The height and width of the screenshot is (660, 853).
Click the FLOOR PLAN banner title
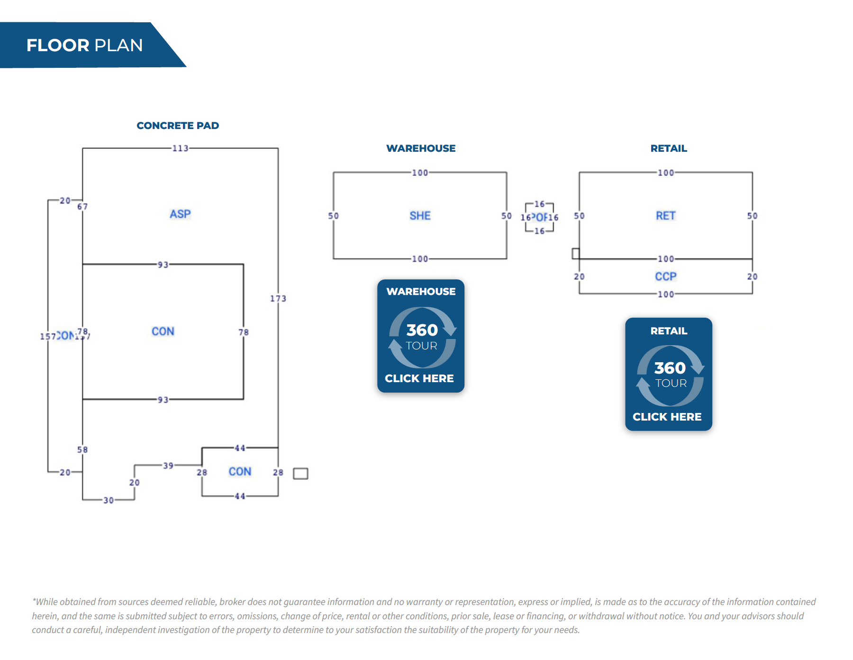84,46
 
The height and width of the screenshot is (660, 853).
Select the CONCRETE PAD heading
178,126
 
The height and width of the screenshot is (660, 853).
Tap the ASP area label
180,214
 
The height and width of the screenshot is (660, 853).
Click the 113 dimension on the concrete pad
180,148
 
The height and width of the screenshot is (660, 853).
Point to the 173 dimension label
278,298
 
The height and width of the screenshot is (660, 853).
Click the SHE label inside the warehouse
420,216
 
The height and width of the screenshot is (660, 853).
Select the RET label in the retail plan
665,216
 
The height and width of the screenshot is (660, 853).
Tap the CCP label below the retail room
665,276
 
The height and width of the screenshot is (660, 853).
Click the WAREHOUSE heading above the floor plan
421,148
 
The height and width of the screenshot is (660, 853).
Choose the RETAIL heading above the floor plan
669,148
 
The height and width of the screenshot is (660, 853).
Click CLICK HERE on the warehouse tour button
419,378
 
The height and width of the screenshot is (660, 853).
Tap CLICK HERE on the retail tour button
667,417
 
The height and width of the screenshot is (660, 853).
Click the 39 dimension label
168,466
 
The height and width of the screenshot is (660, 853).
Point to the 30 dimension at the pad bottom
109,500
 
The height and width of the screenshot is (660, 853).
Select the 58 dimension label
82,449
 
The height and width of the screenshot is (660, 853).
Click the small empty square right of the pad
300,474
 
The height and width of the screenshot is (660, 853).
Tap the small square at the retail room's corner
575,254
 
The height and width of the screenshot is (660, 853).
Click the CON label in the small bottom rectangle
240,472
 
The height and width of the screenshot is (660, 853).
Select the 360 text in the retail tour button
670,368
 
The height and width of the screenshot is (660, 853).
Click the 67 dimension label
82,207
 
